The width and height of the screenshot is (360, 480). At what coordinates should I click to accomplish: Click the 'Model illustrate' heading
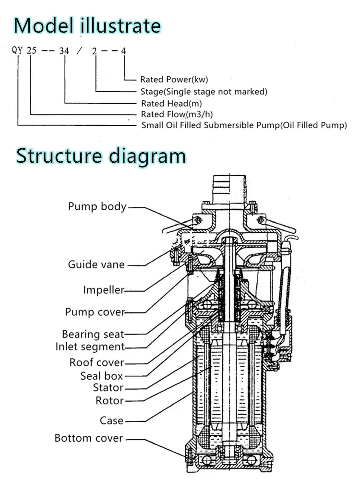87,26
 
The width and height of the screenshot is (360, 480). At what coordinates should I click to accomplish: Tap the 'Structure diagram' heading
101,156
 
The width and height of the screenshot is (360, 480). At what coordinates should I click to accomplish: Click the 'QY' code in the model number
17,50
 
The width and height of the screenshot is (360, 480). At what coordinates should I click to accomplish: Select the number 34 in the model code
64,50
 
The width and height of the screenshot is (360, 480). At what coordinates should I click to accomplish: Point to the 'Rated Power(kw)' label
174,80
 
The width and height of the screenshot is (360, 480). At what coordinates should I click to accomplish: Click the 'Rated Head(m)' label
171,104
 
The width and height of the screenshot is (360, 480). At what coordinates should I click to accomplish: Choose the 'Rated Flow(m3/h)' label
177,114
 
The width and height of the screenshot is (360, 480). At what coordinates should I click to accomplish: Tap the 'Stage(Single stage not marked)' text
204,92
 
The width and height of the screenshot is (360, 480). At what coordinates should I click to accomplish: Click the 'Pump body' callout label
97,206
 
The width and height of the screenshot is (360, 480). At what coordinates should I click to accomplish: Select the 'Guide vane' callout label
96,264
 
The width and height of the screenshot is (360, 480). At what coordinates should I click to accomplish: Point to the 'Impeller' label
104,290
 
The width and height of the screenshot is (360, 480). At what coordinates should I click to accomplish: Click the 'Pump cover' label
95,312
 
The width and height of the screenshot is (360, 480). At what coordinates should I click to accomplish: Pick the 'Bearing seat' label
93,334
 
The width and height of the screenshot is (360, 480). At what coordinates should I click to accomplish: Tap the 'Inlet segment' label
90,347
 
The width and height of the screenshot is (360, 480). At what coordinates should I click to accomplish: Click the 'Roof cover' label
96,362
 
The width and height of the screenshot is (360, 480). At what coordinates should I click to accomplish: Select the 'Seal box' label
102,376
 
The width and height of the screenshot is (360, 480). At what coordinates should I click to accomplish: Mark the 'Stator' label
108,388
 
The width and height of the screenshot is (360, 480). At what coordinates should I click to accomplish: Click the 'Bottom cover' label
89,438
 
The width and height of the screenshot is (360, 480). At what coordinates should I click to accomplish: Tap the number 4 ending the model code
123,51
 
